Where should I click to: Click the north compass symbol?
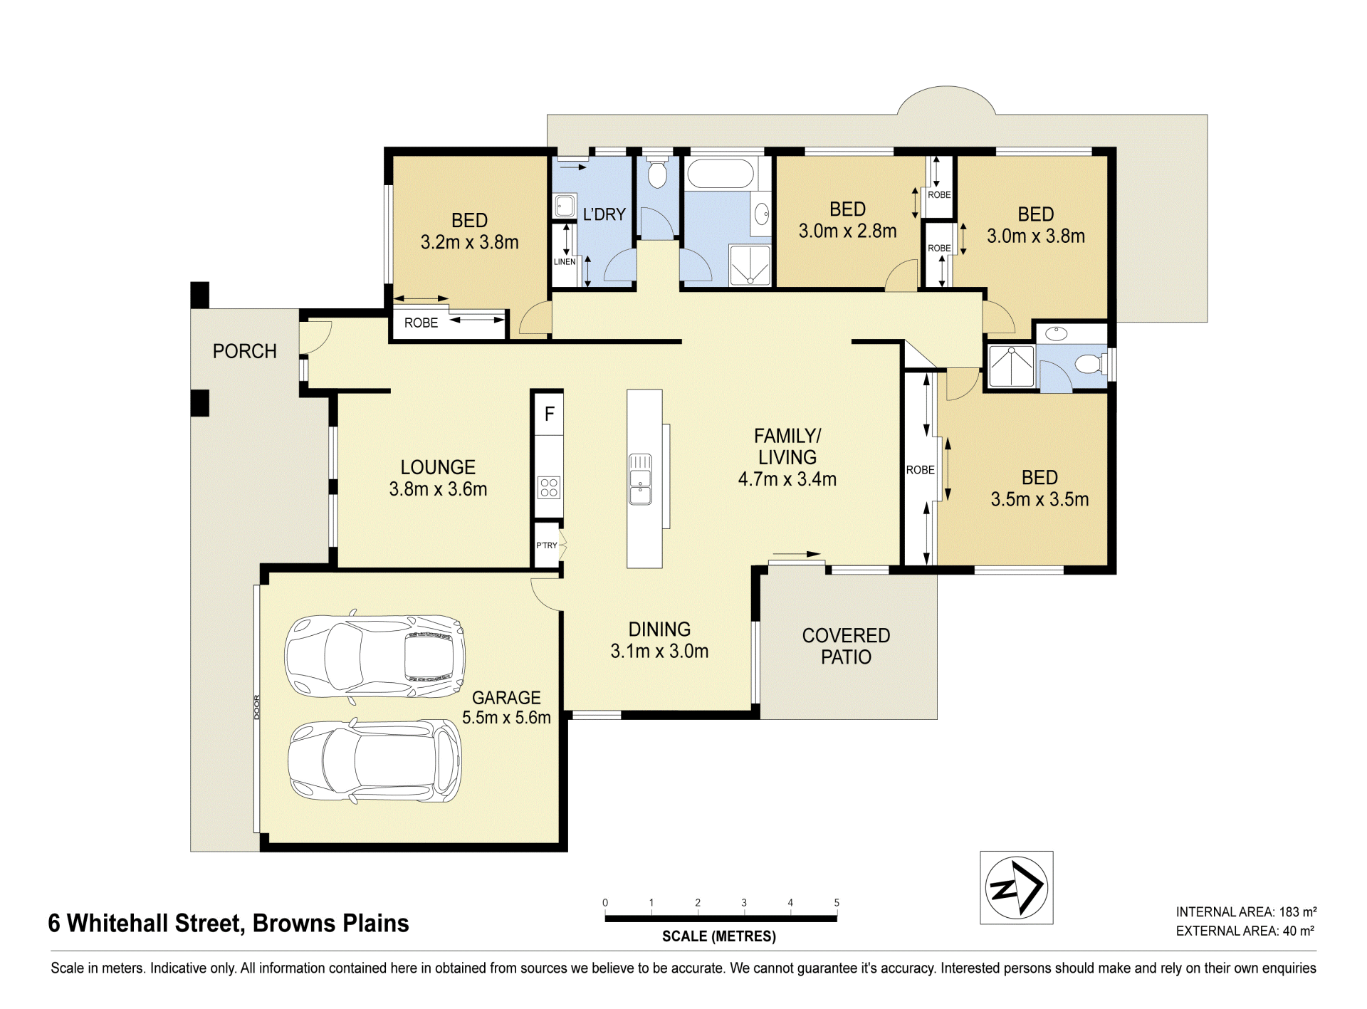tap(1016, 887)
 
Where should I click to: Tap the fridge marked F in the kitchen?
tap(549, 414)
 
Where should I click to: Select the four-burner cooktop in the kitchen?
tap(549, 488)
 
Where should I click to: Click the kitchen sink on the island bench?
tap(640, 479)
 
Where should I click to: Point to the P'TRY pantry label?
tap(547, 545)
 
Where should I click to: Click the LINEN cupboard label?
tap(565, 262)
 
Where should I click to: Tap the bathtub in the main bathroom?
tap(720, 174)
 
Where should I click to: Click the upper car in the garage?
tap(375, 656)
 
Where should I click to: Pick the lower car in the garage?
tap(375, 761)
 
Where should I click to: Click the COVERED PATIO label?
tap(846, 646)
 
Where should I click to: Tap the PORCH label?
tap(245, 351)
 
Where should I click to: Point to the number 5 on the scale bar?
tap(837, 903)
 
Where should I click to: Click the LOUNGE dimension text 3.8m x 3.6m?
tap(438, 489)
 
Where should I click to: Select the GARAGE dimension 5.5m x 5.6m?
tap(506, 718)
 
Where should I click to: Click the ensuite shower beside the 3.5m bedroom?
tap(1012, 367)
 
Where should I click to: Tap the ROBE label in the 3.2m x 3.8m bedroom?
tap(421, 323)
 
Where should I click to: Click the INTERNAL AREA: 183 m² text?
tap(1246, 912)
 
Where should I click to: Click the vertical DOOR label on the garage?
tap(258, 707)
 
